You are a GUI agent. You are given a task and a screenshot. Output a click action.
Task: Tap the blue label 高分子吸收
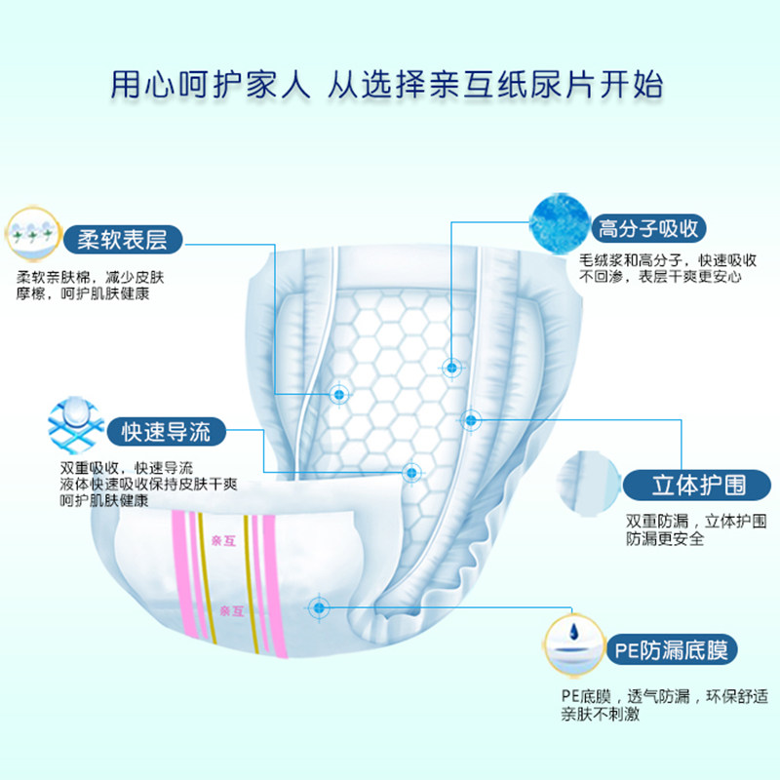tap(648, 230)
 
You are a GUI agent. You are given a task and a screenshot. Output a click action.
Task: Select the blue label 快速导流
tap(165, 430)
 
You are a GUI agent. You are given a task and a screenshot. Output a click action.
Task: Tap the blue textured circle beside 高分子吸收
tap(559, 222)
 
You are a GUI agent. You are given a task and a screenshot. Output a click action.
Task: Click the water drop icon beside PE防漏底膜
tap(574, 644)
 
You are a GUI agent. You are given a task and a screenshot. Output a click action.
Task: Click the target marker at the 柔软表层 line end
tap(339, 394)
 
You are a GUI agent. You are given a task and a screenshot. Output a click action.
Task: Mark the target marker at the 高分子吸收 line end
tap(452, 368)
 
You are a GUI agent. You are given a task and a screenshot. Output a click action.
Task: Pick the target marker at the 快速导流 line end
tap(411, 471)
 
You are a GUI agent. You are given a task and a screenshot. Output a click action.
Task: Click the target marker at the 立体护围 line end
tap(471, 420)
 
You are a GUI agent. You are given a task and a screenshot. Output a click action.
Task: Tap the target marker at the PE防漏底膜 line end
tap(319, 607)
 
